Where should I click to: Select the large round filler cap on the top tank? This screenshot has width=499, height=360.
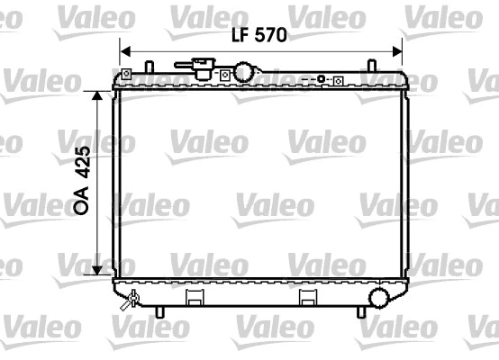click(244, 72)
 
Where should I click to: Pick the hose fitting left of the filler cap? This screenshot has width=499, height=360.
click(199, 67)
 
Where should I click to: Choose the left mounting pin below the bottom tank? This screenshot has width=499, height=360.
click(160, 312)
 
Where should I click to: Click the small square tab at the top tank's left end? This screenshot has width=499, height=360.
click(128, 72)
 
